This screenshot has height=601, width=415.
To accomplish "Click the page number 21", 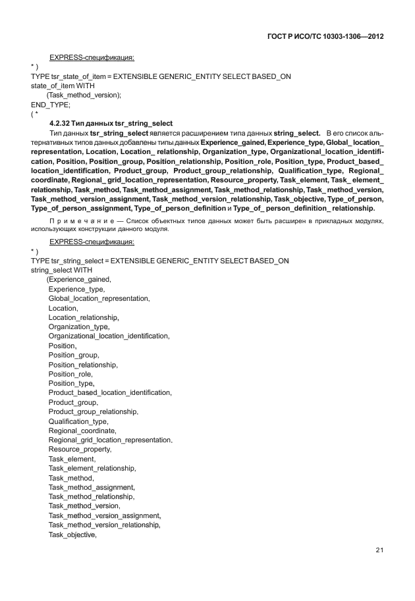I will (x=379, y=550).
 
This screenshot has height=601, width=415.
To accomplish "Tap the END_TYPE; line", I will (x=51, y=104).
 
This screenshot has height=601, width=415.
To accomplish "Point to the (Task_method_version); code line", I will (x=84, y=95).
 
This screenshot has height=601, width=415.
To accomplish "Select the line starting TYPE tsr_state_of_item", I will (x=161, y=76).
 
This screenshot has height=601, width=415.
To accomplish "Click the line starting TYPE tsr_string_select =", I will (x=160, y=261).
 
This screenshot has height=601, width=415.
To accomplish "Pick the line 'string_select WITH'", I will (x=61, y=270).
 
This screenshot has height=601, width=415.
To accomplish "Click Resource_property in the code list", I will (x=80, y=449).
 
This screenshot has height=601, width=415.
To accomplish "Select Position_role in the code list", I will (x=70, y=374).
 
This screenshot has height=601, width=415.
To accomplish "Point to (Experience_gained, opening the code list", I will (x=78, y=279).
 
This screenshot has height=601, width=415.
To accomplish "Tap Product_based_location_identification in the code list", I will (x=110, y=392).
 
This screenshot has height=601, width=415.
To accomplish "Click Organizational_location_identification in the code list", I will (x=109, y=336).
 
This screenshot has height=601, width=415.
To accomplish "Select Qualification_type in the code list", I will (x=78, y=421).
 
